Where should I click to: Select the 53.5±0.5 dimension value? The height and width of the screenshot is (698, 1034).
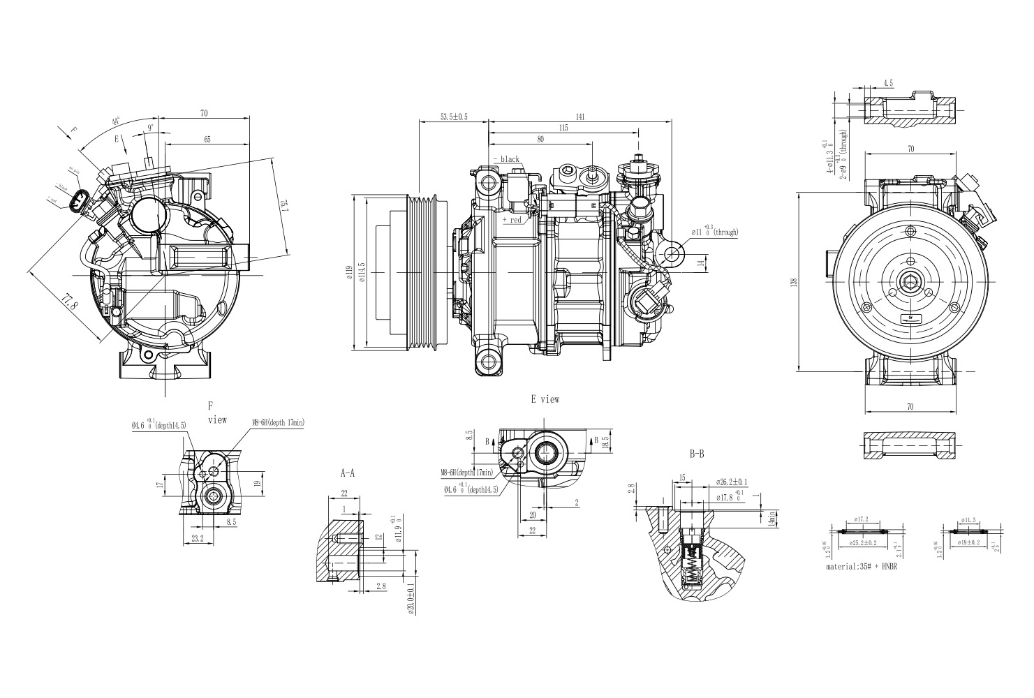point(454,116)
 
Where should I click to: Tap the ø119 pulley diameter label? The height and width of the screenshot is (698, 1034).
point(349,273)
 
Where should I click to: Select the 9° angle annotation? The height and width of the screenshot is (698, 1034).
point(151,128)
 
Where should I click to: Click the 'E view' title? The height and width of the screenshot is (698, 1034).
point(545,400)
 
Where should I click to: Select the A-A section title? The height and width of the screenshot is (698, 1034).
point(347,473)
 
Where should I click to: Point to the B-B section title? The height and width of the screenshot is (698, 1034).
point(696,454)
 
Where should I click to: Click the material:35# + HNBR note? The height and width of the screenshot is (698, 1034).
point(862,567)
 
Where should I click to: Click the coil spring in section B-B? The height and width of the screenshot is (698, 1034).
point(691,565)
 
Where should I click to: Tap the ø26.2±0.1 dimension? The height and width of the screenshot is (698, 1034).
point(732,482)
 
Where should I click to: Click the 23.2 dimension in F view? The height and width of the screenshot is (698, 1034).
point(197,538)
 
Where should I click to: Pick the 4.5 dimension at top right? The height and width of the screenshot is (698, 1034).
point(888,83)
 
